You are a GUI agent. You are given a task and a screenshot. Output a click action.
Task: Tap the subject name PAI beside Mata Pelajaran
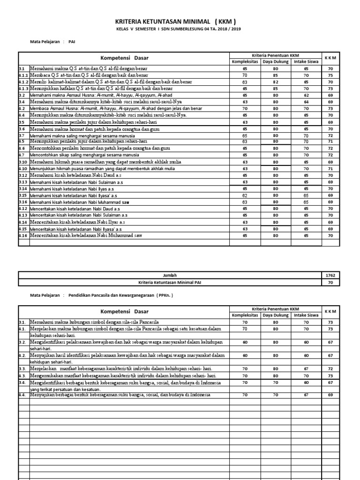(x=72, y=42)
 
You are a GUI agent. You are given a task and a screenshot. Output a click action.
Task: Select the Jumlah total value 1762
(x=330, y=275)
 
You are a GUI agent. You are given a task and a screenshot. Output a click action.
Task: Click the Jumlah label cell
(x=170, y=275)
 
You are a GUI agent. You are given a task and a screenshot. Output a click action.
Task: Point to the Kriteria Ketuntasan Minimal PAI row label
(x=170, y=283)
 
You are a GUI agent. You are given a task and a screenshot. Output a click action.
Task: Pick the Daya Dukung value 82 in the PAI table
(x=276, y=82)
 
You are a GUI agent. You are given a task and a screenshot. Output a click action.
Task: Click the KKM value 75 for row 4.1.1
(x=330, y=75)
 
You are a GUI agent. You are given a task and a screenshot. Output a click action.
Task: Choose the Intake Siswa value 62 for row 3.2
(x=306, y=95)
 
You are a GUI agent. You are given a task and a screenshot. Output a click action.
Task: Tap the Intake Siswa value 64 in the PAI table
(x=306, y=101)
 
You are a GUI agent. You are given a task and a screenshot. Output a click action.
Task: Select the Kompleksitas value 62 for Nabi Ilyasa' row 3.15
(x=245, y=195)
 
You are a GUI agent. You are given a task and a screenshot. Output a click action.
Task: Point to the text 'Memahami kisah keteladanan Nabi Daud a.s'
(x=77, y=175)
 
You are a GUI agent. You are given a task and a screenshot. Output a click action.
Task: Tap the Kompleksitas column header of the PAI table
(x=245, y=61)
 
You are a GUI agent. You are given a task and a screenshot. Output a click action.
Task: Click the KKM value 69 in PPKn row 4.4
(x=330, y=395)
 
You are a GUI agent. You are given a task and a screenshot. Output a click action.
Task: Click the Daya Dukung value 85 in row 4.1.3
(x=276, y=88)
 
